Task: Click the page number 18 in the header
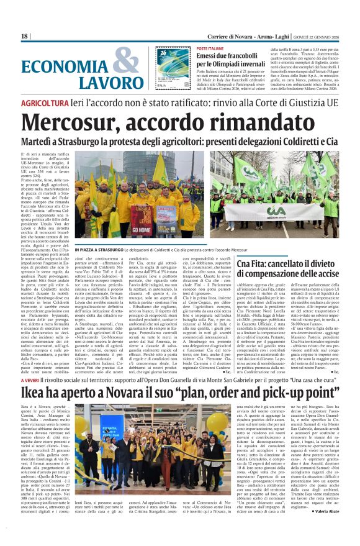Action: point(25,36)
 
